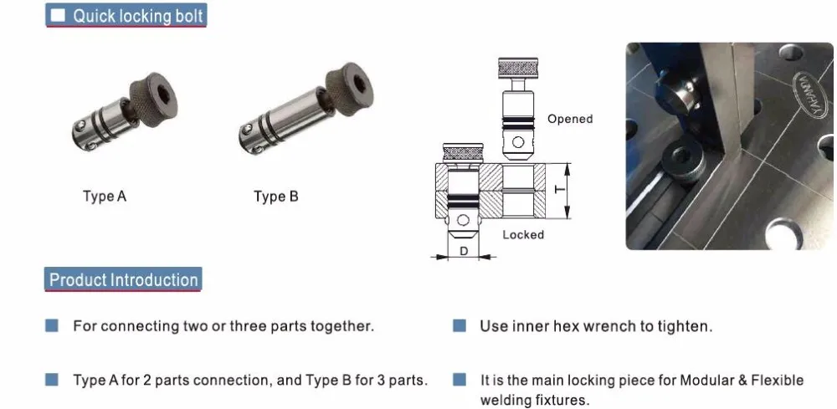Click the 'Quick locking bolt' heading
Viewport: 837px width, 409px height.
coord(137,16)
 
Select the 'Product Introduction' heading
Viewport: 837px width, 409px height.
coord(123,279)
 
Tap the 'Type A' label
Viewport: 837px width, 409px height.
coord(105,197)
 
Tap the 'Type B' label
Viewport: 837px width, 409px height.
coord(275,197)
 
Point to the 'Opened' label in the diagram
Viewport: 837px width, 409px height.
coord(569,119)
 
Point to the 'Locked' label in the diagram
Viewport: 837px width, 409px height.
coord(523,235)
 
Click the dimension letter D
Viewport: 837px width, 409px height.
coord(464,250)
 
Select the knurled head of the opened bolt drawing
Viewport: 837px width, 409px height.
coord(518,66)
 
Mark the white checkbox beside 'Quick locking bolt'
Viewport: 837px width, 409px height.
coord(58,16)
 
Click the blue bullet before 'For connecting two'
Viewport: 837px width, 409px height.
coord(52,325)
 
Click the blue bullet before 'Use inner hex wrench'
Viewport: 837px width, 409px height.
coord(459,325)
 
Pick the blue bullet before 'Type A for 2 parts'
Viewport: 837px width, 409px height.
coord(52,380)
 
